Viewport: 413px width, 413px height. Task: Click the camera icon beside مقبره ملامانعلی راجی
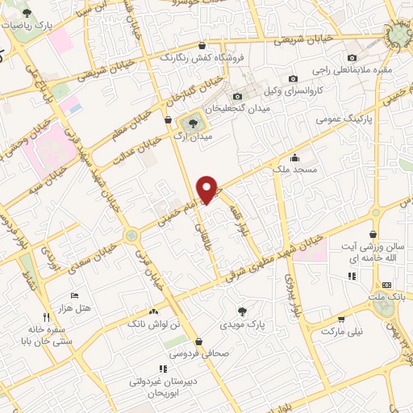(353, 57)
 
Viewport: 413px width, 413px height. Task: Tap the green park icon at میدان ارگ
(192, 123)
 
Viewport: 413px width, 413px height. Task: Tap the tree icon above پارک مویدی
(243, 311)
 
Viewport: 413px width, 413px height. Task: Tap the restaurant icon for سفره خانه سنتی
(45, 318)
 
